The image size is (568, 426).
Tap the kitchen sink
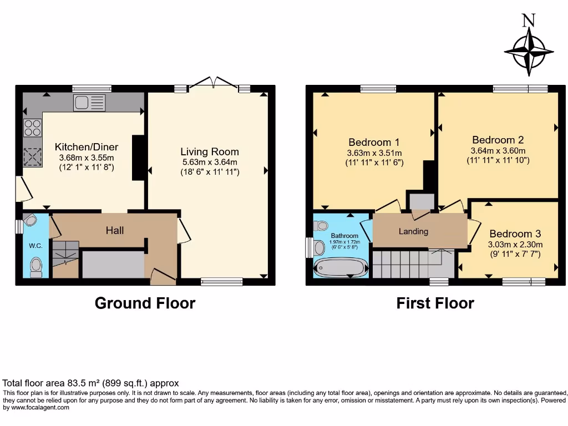[89, 103]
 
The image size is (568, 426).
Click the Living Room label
[210, 151]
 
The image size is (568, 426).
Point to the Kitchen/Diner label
[87, 147]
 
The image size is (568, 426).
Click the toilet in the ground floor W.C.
[36, 266]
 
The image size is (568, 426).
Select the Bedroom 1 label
[374, 142]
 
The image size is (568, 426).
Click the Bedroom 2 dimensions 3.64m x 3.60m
[498, 150]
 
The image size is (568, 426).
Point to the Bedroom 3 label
[515, 234]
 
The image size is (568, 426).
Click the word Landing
[413, 231]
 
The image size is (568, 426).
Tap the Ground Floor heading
[145, 303]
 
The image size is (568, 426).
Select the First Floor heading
[435, 303]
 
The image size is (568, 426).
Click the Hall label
[115, 230]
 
